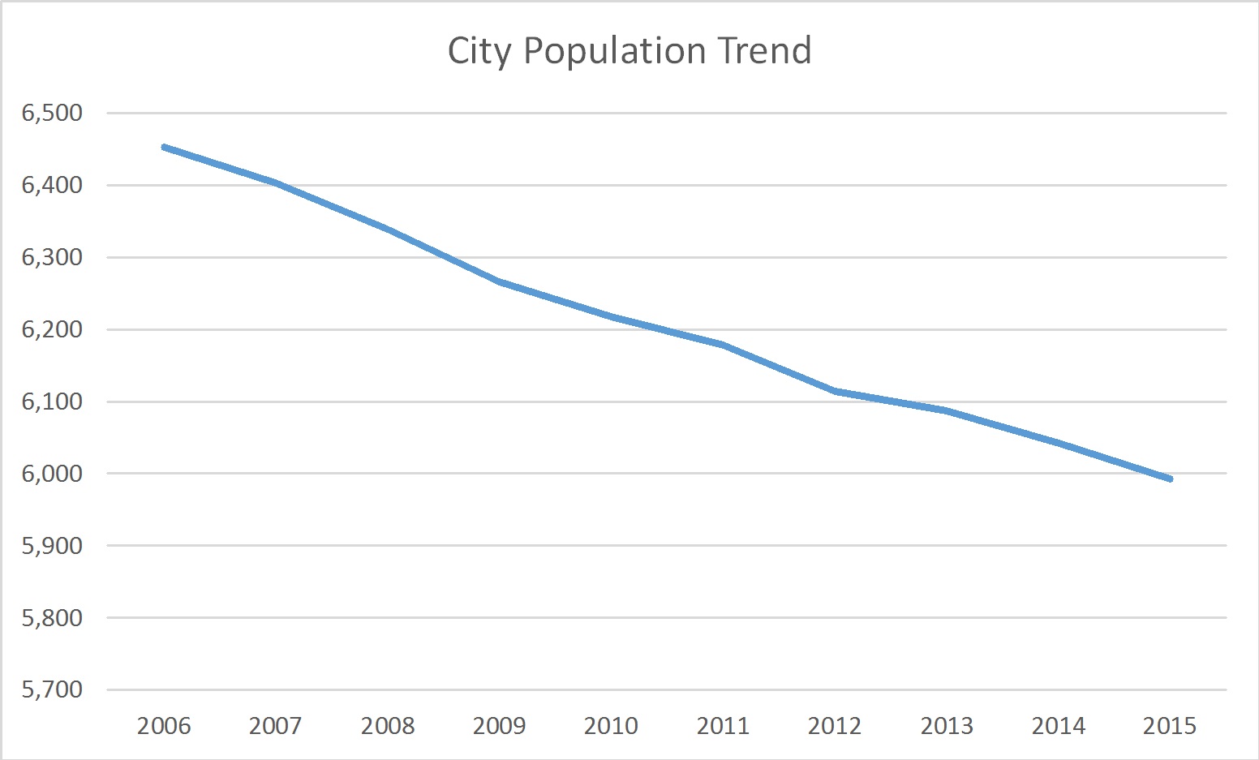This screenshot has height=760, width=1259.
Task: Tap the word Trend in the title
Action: (x=764, y=50)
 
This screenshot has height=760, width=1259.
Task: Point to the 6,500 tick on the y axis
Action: (x=52, y=113)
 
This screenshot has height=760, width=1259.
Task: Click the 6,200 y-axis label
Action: (x=52, y=329)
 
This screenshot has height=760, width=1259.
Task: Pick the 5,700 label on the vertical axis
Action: (x=52, y=689)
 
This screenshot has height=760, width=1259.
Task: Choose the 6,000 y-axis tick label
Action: (x=52, y=474)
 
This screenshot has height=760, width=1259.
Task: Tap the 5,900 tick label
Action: (x=52, y=546)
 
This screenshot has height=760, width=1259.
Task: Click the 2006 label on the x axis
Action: (x=164, y=725)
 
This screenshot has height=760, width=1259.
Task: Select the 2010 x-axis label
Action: (x=611, y=725)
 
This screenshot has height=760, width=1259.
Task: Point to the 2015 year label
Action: (x=1170, y=725)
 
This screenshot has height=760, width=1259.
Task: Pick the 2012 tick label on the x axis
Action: (x=835, y=725)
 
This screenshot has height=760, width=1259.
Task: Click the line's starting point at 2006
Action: (x=164, y=147)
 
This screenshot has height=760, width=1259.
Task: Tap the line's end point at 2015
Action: (x=1170, y=479)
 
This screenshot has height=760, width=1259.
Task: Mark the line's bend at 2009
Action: (x=500, y=281)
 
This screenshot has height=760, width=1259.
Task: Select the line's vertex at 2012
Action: (x=835, y=391)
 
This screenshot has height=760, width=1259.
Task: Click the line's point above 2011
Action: (x=723, y=345)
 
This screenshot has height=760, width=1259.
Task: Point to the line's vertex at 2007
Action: (x=276, y=182)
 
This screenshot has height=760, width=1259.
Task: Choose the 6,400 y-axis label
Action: (x=52, y=185)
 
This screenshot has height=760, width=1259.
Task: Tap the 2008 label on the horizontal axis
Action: (x=388, y=725)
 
